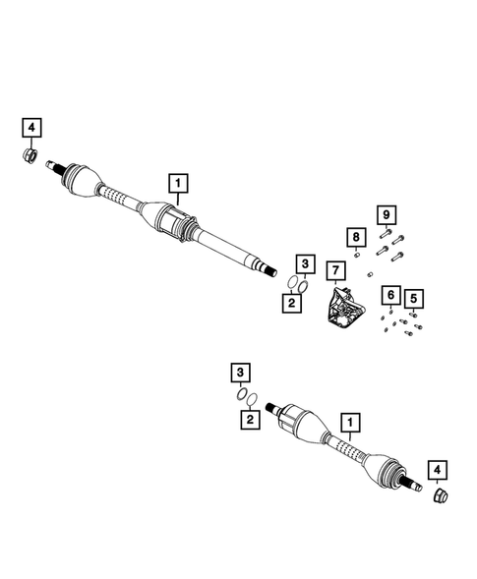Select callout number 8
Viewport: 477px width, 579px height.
[354, 236]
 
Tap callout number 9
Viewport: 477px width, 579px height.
[386, 214]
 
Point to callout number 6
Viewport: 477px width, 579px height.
[390, 295]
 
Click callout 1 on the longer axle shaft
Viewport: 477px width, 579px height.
[178, 182]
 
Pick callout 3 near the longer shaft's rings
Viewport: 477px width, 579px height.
[305, 263]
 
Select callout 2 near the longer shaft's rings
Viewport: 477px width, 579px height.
[292, 303]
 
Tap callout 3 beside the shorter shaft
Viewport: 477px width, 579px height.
[238, 371]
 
